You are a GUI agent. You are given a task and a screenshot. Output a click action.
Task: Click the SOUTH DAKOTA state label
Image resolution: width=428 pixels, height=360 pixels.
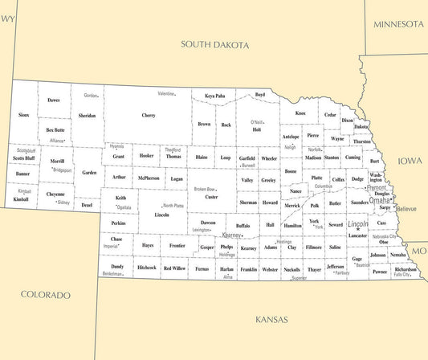214,46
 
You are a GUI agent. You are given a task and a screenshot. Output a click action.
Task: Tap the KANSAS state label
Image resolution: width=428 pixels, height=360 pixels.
271,319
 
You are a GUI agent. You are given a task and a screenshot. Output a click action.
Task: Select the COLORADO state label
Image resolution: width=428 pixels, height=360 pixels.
46,295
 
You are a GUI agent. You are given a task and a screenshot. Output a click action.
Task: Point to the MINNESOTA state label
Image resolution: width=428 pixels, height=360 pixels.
399,24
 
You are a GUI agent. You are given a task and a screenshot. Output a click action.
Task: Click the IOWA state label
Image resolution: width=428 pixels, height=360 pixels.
410,160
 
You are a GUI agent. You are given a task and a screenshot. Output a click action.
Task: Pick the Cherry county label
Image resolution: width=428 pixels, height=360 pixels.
149,116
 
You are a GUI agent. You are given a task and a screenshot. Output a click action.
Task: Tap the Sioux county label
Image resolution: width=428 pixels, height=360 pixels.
24,115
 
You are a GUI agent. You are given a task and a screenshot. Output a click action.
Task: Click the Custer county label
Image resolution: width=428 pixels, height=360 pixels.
211,197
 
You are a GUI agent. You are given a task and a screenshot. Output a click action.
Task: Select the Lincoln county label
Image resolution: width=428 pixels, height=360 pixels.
162,215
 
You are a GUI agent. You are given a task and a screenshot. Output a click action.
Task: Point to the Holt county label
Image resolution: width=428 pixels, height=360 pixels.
256,129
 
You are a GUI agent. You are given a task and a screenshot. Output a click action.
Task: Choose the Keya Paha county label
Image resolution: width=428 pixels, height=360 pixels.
214,96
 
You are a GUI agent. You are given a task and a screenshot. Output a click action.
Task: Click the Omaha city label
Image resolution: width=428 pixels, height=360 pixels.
380,200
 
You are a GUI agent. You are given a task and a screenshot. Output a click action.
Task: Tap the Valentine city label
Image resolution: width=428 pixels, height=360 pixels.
166,94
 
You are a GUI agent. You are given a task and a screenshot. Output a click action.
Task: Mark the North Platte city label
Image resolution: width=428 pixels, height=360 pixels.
173,206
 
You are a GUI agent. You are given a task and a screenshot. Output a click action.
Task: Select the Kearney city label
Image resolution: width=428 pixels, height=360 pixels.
232,235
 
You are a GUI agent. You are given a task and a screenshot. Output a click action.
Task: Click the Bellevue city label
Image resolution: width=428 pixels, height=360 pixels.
406,209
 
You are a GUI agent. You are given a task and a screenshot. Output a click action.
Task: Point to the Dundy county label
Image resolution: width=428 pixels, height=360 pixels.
117,266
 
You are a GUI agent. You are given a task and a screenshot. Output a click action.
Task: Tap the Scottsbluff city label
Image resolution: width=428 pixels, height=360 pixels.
26,150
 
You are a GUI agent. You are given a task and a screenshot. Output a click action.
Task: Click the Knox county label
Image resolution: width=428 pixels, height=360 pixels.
300,113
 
